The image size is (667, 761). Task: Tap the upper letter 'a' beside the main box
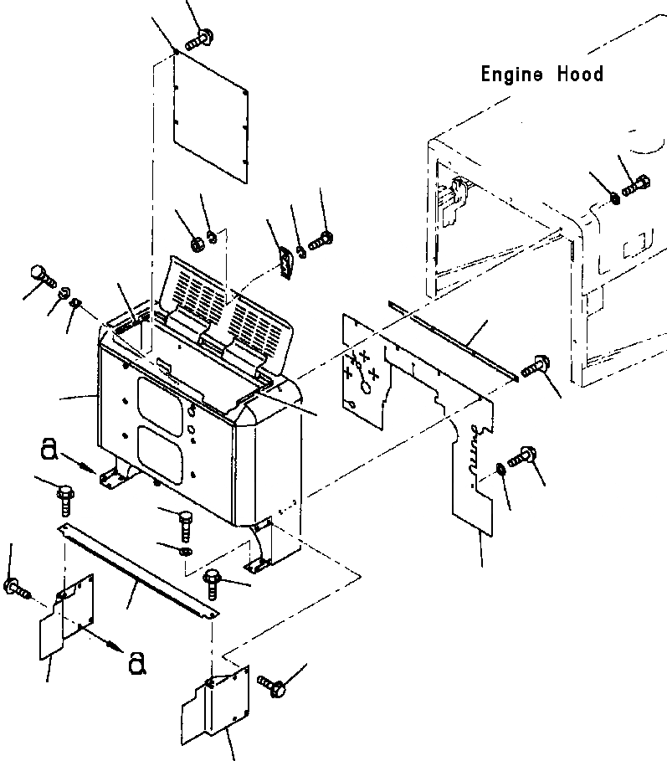[x=49, y=451]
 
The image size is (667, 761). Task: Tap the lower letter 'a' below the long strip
[x=138, y=664]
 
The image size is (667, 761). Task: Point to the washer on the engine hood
[x=615, y=198]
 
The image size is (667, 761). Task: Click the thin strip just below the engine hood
[x=456, y=337]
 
